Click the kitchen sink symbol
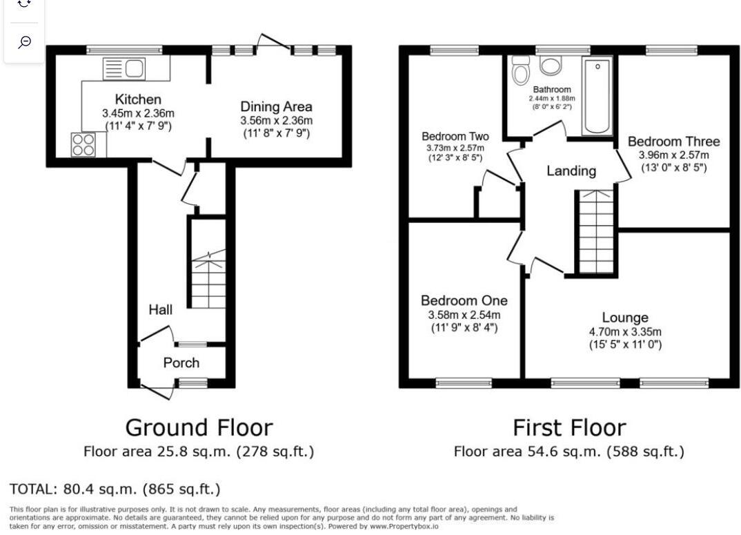pos(124,68)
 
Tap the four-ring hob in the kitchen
pos(83,144)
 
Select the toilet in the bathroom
pos(521,70)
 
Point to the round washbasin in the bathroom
pos(551,66)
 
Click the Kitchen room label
pos(138,99)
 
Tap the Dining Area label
pos(276,106)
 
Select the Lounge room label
pos(625,318)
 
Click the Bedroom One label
pos(464,300)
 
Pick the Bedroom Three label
pos(673,142)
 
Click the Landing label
pos(571,171)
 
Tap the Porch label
pos(181,362)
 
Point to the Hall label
pos(161,310)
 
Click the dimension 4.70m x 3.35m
pos(625,331)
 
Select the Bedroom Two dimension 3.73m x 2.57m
pos(455,148)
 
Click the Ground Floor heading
pos(199,427)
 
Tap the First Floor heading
pos(569,427)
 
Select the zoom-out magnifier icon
pos(24,42)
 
